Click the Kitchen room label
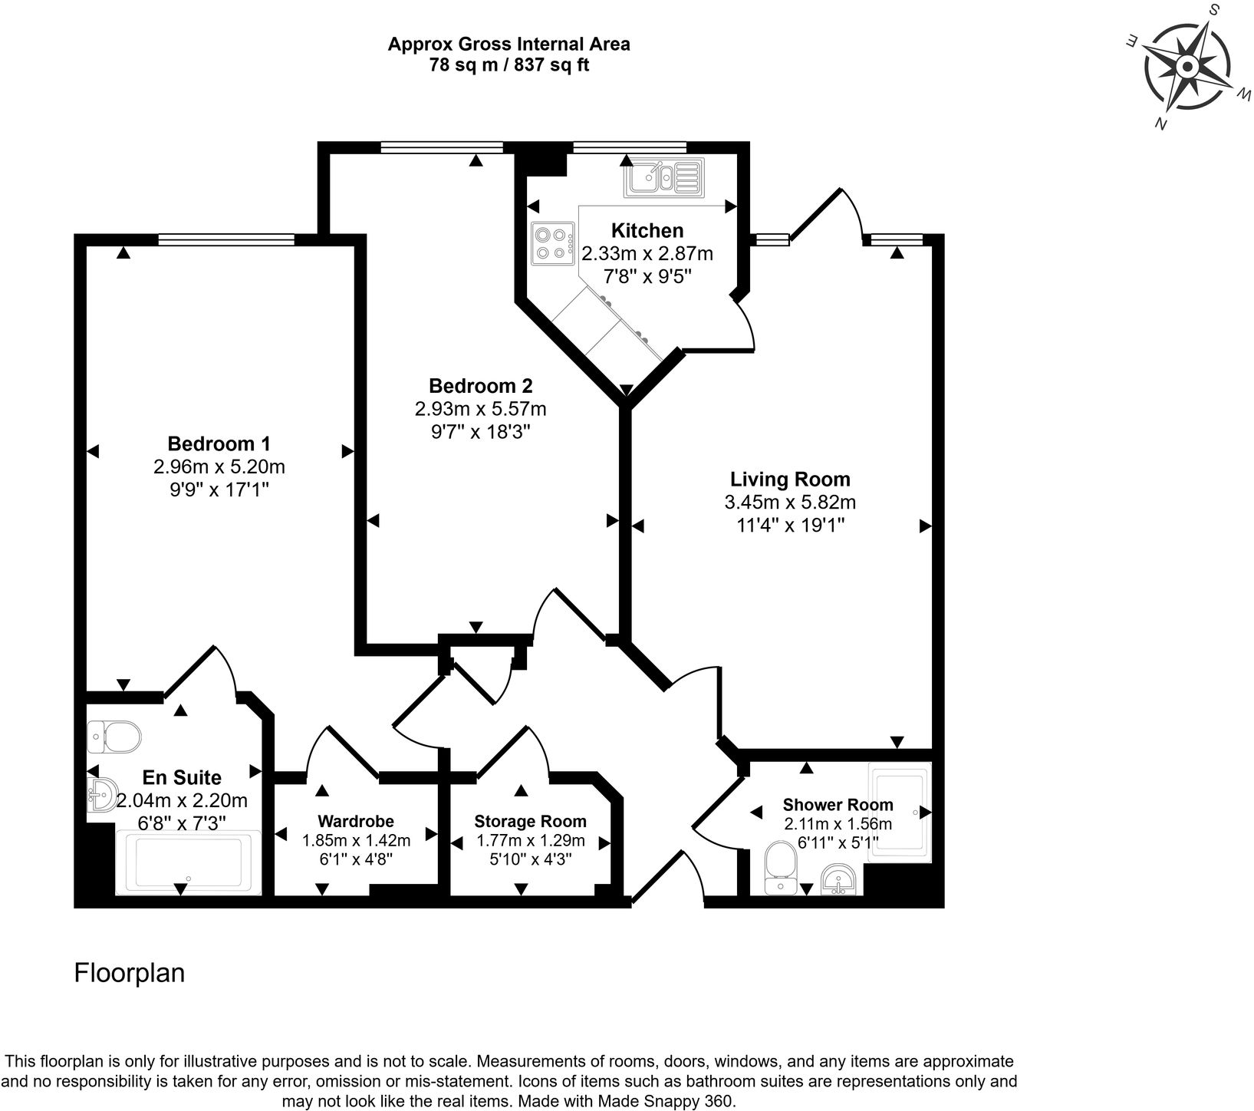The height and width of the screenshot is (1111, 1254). click(x=647, y=230)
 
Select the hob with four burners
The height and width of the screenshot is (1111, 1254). click(x=552, y=242)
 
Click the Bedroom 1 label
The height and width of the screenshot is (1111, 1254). click(x=219, y=443)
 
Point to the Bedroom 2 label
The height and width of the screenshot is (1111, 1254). click(x=480, y=385)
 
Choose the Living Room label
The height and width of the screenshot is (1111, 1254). click(x=790, y=480)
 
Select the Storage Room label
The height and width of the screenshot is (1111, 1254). click(x=530, y=822)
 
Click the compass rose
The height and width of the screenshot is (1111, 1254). click(x=1186, y=67)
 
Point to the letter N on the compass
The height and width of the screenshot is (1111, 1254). click(x=1161, y=124)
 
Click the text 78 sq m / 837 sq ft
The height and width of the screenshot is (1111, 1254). click(x=509, y=65)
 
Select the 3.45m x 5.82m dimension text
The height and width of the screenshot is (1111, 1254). click(x=790, y=503)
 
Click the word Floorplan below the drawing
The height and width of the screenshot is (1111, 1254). click(x=130, y=973)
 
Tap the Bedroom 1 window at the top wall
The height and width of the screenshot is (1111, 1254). click(x=226, y=240)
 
